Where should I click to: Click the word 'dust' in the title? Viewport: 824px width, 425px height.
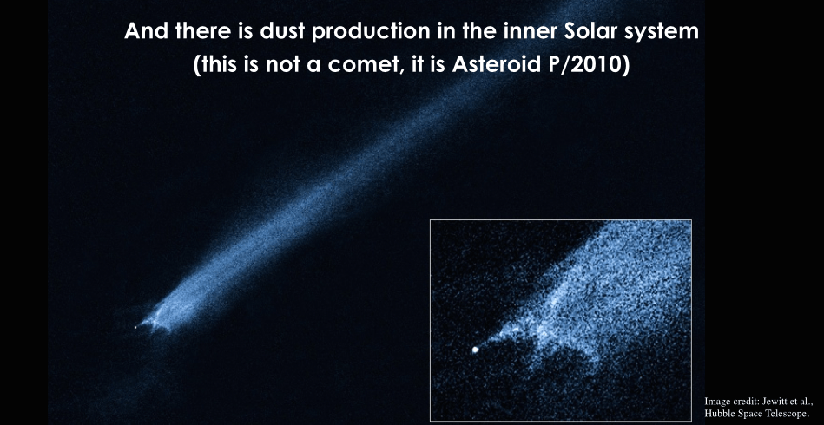point(280,32)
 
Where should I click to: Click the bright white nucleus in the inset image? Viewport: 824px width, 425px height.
point(476,350)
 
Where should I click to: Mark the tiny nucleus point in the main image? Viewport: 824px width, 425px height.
point(135,328)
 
